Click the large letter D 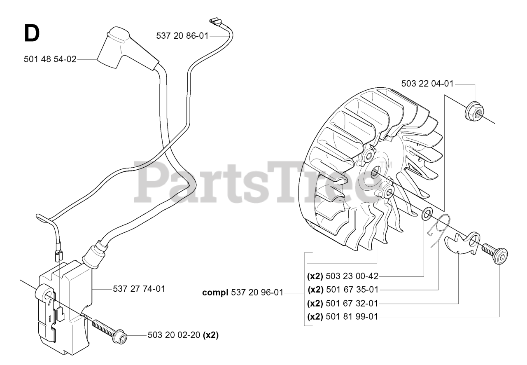pyautogui.click(x=32, y=33)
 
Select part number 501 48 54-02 pyautogui.click(x=50, y=60)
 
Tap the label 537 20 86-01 pyautogui.click(x=182, y=36)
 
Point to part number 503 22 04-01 pyautogui.click(x=427, y=84)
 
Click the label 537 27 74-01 pyautogui.click(x=139, y=289)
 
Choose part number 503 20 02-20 pyautogui.click(x=175, y=335)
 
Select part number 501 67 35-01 pyautogui.click(x=352, y=290)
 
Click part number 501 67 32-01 pyautogui.click(x=352, y=304)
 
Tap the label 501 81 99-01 pyautogui.click(x=352, y=317)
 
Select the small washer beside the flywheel pyautogui.click(x=427, y=214)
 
